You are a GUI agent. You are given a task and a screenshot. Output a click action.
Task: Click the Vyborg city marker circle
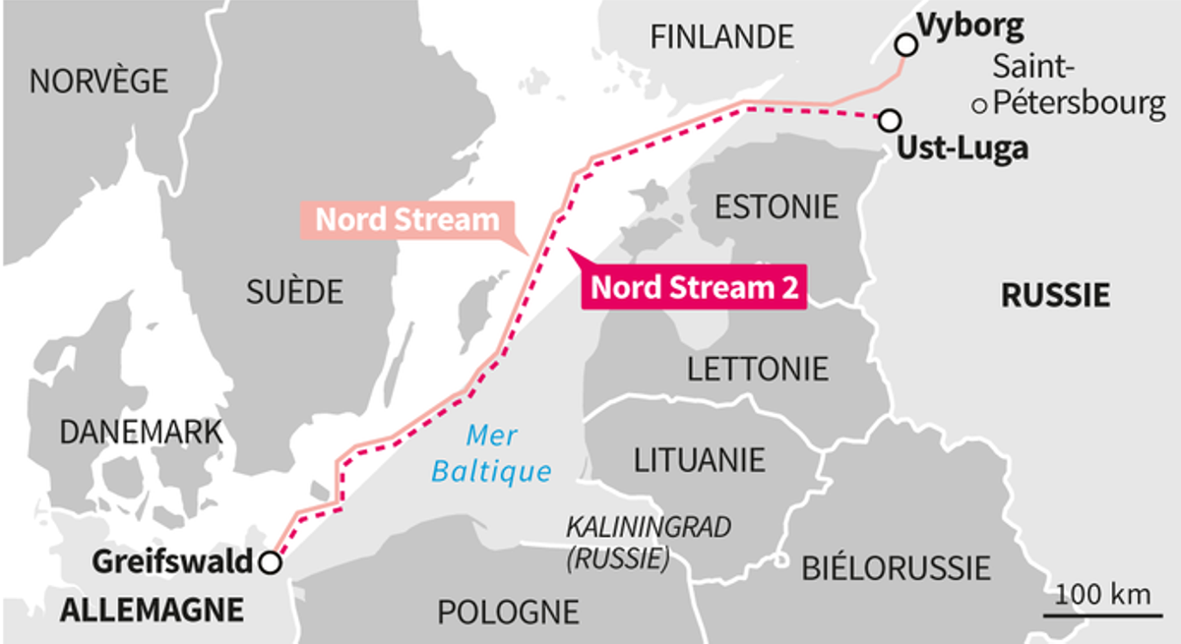tap(905, 44)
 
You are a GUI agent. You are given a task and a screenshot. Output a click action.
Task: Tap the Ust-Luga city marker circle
tap(889, 120)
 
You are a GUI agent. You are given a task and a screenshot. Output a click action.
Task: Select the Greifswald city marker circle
tap(269, 562)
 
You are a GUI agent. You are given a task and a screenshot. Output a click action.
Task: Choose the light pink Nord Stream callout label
tap(406, 219)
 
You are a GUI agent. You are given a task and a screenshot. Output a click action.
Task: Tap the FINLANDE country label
tap(721, 37)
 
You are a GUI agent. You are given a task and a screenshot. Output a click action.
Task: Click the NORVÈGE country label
tap(98, 82)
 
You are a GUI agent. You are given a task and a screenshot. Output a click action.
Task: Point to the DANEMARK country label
tap(141, 432)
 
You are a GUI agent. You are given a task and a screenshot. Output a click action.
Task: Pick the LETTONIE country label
tap(758, 369)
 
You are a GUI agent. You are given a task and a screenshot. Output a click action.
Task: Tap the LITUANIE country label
tap(699, 459)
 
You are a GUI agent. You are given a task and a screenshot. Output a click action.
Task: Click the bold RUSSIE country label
tap(1055, 294)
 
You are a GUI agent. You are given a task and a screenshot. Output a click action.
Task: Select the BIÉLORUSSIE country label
tap(896, 567)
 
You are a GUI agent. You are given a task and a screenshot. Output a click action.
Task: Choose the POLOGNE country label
tap(508, 612)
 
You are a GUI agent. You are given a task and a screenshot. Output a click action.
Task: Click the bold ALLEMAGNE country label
tap(152, 610)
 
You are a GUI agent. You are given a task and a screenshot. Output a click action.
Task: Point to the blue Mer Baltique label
tap(492, 453)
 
